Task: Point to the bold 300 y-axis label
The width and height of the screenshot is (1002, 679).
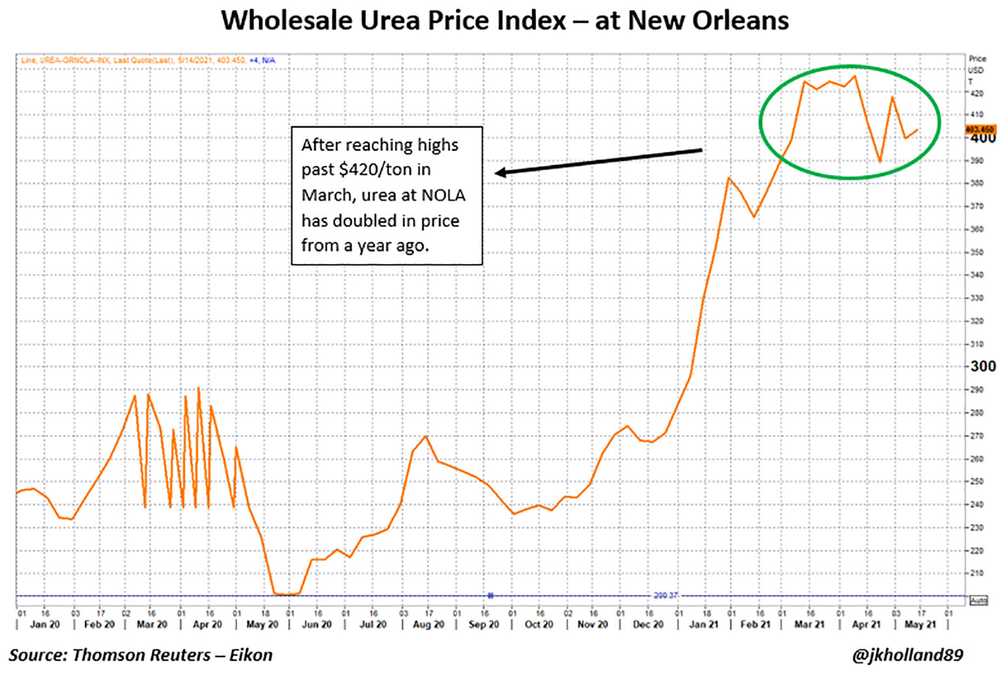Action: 982,367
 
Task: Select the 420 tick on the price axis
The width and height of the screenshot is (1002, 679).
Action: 977,93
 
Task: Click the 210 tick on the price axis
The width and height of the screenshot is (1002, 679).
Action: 977,574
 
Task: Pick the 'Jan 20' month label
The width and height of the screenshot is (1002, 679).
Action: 45,624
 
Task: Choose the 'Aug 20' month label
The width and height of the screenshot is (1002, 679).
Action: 428,624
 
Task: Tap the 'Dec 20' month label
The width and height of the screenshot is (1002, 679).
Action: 648,624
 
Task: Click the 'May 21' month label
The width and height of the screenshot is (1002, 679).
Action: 920,624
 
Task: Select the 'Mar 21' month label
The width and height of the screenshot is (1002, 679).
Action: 809,624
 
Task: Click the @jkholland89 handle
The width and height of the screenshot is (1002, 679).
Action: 907,655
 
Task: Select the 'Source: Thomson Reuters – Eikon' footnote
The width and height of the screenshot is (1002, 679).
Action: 141,655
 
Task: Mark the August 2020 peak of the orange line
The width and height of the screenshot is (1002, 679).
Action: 426,436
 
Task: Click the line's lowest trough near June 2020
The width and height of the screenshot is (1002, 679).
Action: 286,594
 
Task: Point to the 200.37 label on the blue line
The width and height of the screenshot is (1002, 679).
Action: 666,595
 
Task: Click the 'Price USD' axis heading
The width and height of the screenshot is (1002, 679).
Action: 977,64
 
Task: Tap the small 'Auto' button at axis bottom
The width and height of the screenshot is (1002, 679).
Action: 979,600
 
